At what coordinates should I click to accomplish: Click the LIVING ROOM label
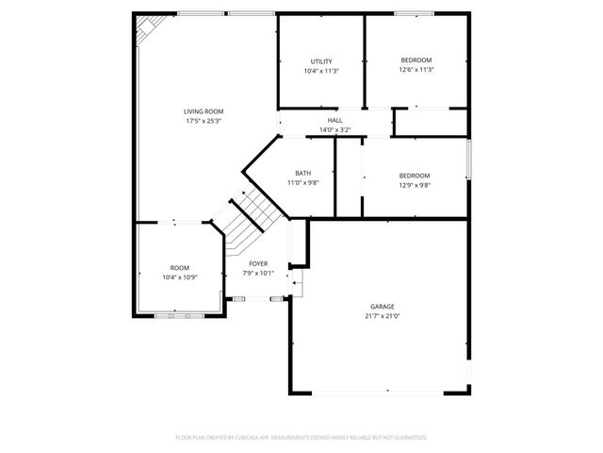(204, 111)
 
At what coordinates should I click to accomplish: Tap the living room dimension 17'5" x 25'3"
(204, 121)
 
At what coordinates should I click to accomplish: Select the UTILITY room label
(321, 61)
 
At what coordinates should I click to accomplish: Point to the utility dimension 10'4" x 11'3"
(321, 71)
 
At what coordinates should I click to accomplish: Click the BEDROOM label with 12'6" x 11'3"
(416, 59)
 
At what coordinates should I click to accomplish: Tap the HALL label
(334, 121)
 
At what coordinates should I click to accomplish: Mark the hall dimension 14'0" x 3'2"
(334, 130)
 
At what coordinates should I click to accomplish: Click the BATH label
(302, 173)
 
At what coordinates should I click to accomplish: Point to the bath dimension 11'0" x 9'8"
(302, 182)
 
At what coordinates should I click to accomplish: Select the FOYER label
(258, 263)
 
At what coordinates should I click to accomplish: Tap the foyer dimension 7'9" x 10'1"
(258, 273)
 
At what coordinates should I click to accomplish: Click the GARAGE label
(382, 307)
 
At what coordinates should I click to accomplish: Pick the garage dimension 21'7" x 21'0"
(382, 316)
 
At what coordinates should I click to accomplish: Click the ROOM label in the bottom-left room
(179, 268)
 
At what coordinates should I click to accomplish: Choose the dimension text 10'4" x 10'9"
(179, 277)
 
